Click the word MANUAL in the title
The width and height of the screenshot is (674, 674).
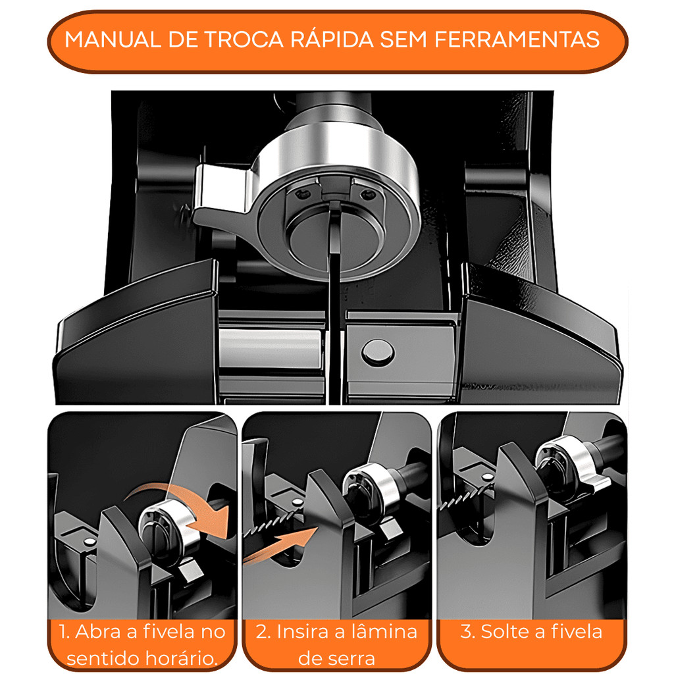coord(113,40)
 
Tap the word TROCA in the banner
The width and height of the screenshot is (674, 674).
coord(244,40)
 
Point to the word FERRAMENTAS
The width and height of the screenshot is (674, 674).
coord(517,40)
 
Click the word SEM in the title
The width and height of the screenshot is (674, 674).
coord(403,40)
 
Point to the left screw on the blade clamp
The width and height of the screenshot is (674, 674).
coord(303,194)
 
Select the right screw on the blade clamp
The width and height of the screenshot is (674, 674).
coord(367,195)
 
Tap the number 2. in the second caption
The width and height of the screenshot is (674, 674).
coord(263,632)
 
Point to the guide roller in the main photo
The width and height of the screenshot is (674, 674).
coord(271,349)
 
